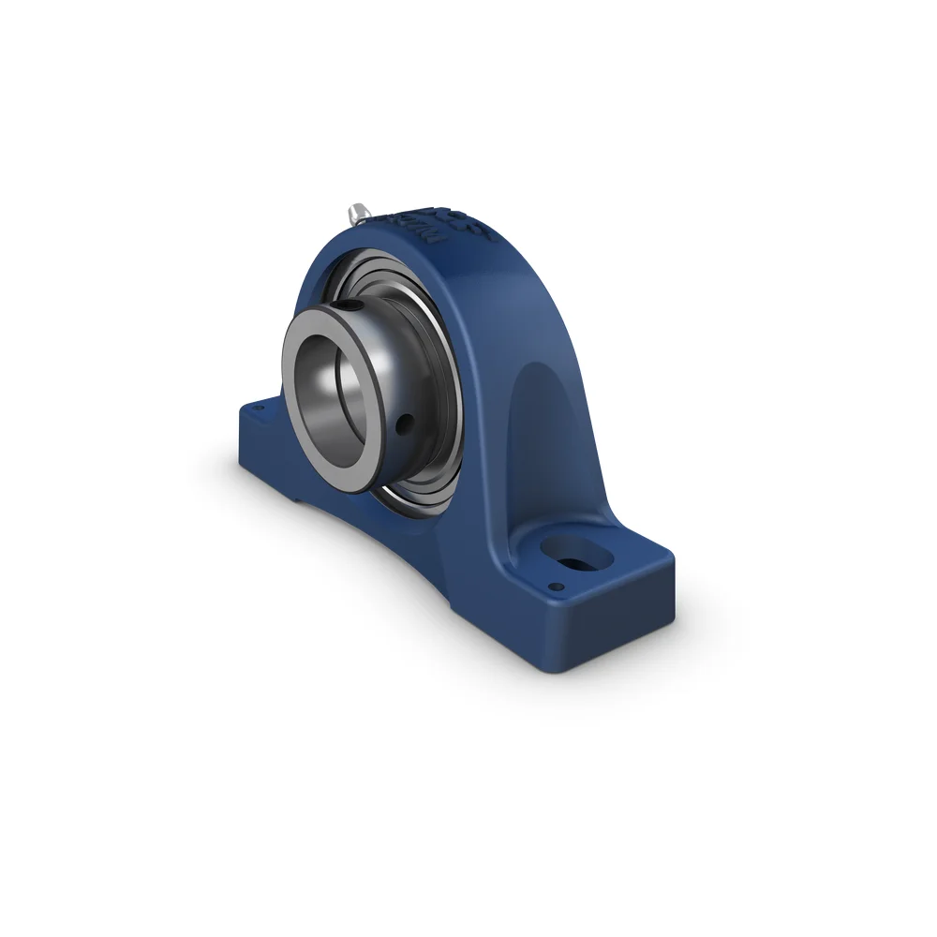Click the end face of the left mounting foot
pyautogui.click(x=245, y=450)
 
